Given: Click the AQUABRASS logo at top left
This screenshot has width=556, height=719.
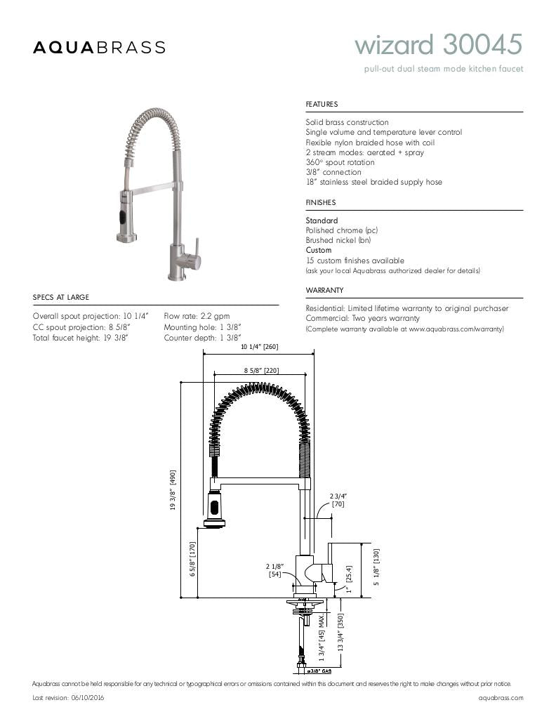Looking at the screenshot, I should tap(99, 47).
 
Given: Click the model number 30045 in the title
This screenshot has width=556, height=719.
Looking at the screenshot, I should tap(483, 46).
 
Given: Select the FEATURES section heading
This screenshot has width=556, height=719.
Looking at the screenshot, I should tap(322, 104).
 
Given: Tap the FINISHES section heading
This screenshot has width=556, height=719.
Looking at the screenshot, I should tap(321, 202).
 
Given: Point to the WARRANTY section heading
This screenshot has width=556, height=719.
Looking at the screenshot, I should tap(324, 290).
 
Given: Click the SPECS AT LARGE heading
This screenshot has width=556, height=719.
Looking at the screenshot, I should tap(61, 297).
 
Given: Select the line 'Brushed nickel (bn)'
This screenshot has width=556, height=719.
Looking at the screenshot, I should tap(338, 240).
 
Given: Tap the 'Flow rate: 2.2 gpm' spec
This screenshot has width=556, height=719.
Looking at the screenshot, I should tap(197, 317).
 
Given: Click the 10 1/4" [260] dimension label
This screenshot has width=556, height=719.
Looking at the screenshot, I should tap(260, 347).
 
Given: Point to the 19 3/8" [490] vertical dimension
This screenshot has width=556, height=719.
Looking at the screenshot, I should tap(173, 491).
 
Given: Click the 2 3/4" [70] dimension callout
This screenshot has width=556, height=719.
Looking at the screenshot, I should tap(338, 500).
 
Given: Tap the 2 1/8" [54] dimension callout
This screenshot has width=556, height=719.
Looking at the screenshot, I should tap(274, 570).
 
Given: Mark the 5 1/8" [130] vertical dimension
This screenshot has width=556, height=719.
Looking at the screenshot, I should tap(376, 567).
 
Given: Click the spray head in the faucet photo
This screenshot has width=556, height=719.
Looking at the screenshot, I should tap(125, 214).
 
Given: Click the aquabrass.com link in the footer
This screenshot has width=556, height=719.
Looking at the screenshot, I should tap(501, 698).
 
